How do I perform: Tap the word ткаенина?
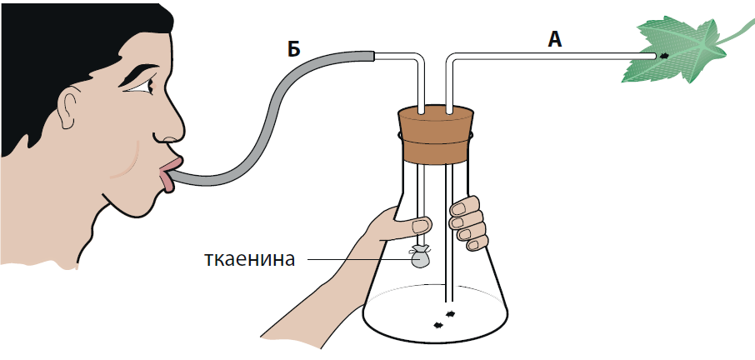(250, 259)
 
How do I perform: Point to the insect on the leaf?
(664, 56)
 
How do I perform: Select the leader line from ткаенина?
(358, 260)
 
